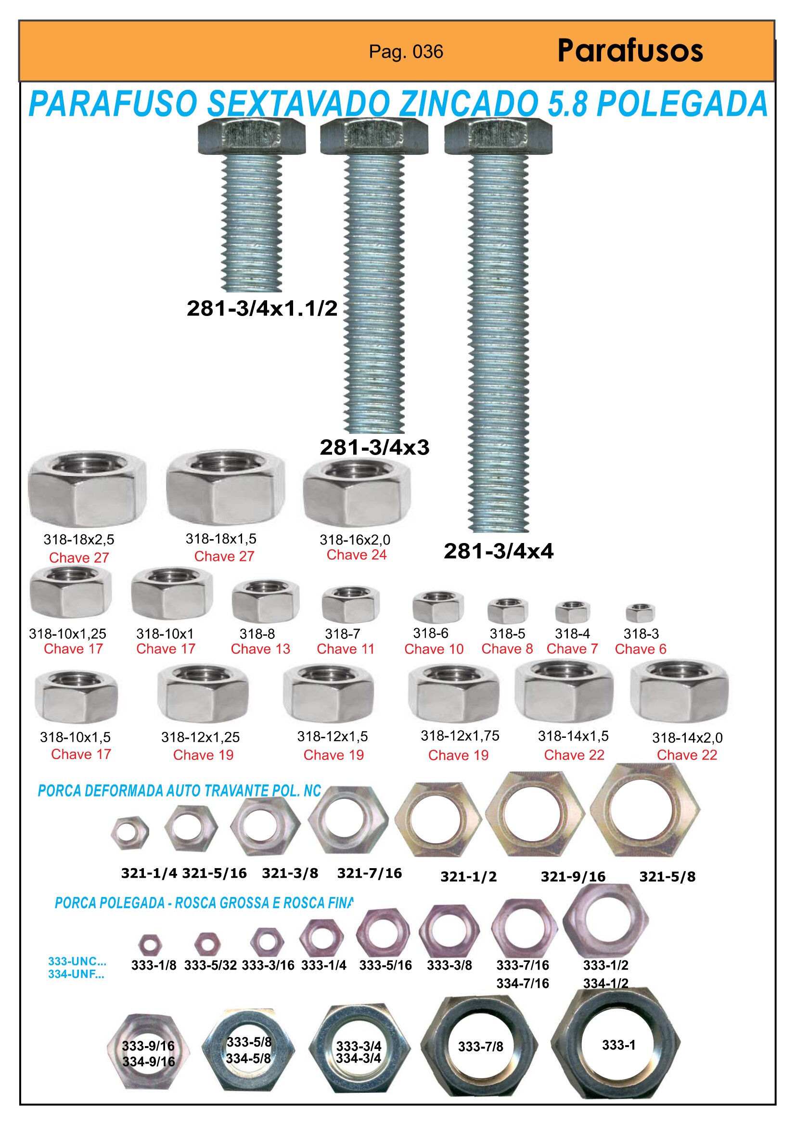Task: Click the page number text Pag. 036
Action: (406, 52)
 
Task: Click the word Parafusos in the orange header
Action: (630, 51)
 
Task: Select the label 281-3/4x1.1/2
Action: (262, 308)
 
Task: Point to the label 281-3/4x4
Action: (499, 551)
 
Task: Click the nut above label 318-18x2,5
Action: (87, 488)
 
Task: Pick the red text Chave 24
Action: (356, 555)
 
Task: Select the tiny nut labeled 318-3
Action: (640, 613)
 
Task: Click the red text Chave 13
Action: (260, 649)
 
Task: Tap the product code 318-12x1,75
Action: (460, 735)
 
